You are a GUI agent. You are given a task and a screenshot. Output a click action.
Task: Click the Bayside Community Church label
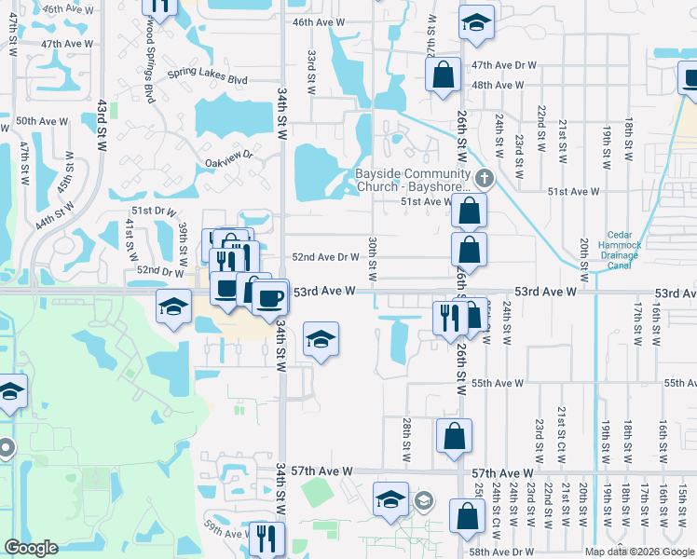(x=413, y=180)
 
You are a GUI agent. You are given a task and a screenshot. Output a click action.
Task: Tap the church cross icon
(x=483, y=178)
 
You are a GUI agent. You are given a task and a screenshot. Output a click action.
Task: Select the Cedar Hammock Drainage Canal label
(x=620, y=250)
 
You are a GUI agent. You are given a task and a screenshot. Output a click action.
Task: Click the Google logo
(x=31, y=548)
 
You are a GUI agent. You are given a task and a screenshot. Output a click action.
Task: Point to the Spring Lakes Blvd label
(x=208, y=76)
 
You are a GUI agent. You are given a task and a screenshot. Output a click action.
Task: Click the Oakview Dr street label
(x=229, y=161)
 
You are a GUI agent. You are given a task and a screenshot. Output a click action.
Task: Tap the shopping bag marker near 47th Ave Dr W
(x=444, y=75)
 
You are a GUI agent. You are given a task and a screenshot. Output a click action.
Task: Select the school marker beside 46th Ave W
(x=477, y=23)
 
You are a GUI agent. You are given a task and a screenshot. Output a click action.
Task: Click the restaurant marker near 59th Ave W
(x=266, y=539)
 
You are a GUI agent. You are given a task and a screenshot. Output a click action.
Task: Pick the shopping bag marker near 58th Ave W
(x=466, y=517)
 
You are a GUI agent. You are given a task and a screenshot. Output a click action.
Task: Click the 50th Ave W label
(x=38, y=121)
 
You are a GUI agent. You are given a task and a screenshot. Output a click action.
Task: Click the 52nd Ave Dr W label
(x=326, y=257)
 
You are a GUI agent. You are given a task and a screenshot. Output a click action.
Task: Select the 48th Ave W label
(x=495, y=85)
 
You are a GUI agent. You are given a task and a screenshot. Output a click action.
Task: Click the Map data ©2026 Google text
(x=639, y=552)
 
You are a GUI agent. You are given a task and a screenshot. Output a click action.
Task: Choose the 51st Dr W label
(x=154, y=211)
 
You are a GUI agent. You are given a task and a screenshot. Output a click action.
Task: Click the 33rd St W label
(x=311, y=72)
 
